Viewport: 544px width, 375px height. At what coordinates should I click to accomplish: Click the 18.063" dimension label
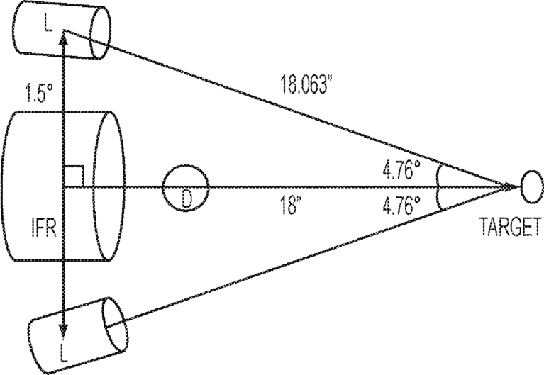point(304,84)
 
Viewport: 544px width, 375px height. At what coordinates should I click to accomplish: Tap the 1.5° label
point(40,94)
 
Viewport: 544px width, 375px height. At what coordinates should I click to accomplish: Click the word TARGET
point(510,227)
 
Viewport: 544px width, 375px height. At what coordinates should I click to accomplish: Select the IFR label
point(43,228)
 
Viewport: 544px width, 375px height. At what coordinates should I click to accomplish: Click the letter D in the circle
point(187,200)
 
